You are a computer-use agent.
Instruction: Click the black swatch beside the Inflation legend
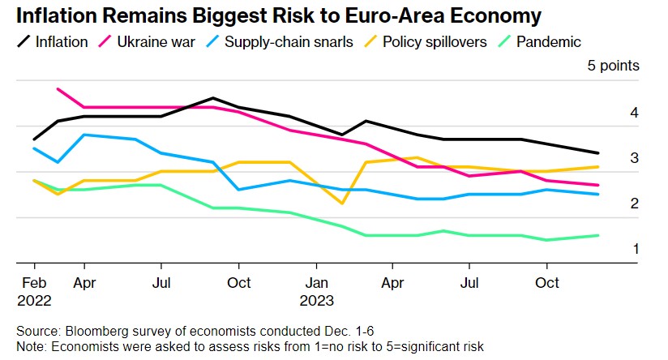coord(24,41)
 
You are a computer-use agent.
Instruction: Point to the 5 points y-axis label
coord(613,66)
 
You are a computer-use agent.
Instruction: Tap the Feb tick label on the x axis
coord(33,285)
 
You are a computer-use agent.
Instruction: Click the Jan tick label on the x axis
coord(316,285)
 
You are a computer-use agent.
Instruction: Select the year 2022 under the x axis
coord(33,299)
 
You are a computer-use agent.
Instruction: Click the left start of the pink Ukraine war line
coord(58,89)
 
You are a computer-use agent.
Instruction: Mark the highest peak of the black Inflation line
coord(212,98)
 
